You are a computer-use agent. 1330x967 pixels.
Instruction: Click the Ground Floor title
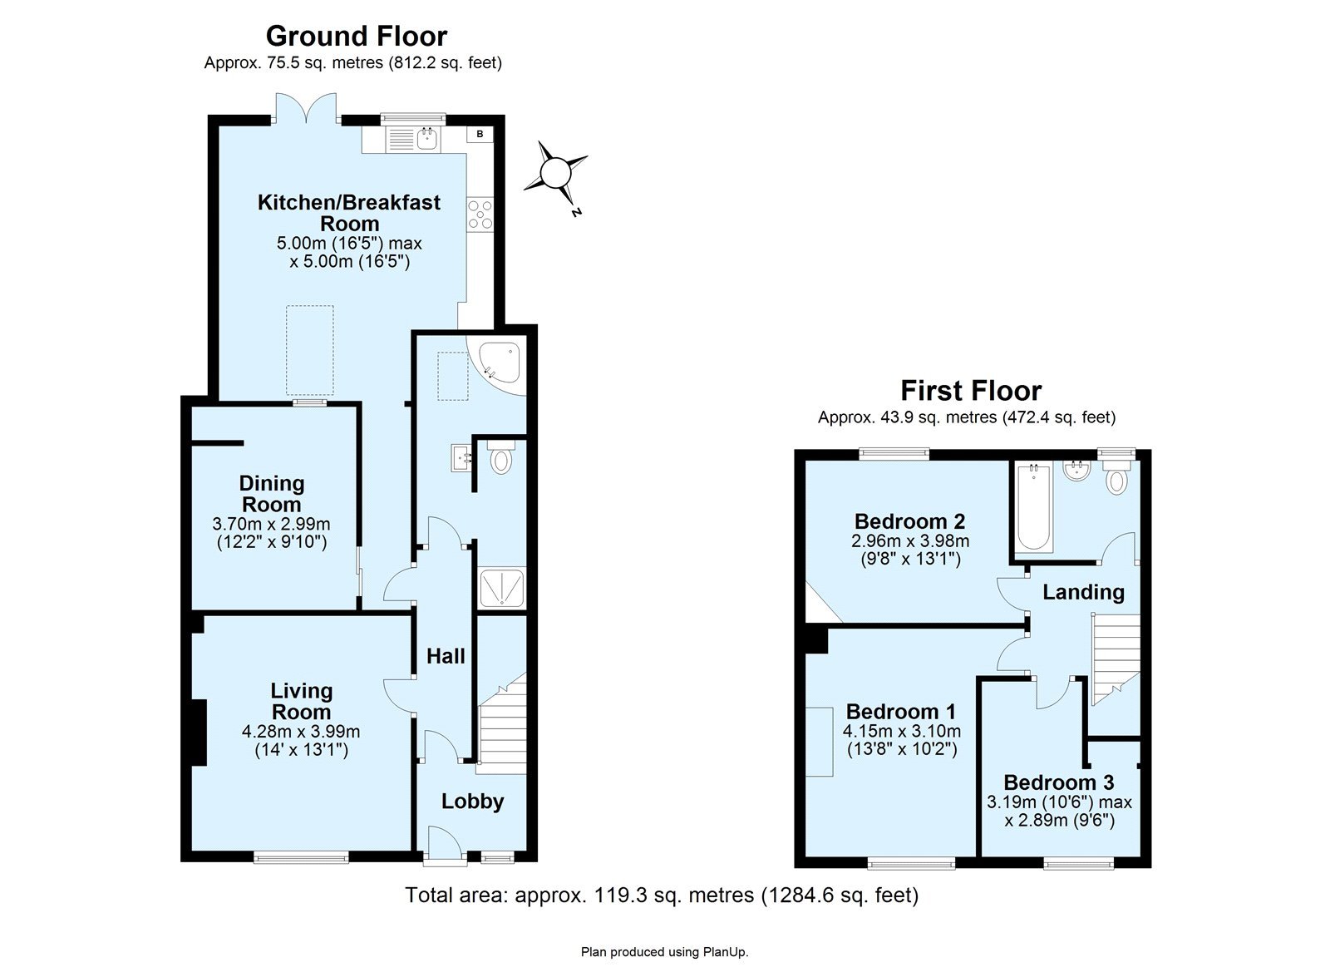point(357,37)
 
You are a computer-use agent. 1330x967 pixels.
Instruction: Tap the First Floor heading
point(972,391)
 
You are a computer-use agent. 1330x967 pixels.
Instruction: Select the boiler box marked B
point(480,134)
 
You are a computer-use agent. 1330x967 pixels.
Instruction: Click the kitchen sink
point(427,139)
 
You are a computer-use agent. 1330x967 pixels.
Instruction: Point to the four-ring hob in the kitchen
point(480,215)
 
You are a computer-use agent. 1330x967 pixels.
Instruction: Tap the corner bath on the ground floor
point(496,365)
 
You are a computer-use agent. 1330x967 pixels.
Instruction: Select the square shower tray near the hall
point(502,588)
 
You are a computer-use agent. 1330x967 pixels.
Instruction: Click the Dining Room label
point(272,494)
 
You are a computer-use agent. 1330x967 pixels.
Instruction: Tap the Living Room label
point(301,702)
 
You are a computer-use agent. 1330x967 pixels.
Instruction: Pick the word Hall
point(446,656)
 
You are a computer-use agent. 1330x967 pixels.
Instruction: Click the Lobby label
point(473,802)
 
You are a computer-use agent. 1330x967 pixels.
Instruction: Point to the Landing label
point(1084,593)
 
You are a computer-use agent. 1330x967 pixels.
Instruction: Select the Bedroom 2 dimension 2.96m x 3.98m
point(910,541)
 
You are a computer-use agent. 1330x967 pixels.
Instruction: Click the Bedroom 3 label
point(1059,782)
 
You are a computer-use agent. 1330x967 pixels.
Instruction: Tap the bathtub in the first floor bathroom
point(1034,507)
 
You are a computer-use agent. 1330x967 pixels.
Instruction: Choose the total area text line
point(662,895)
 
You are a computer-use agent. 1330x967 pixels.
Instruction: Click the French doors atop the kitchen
point(307,108)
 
